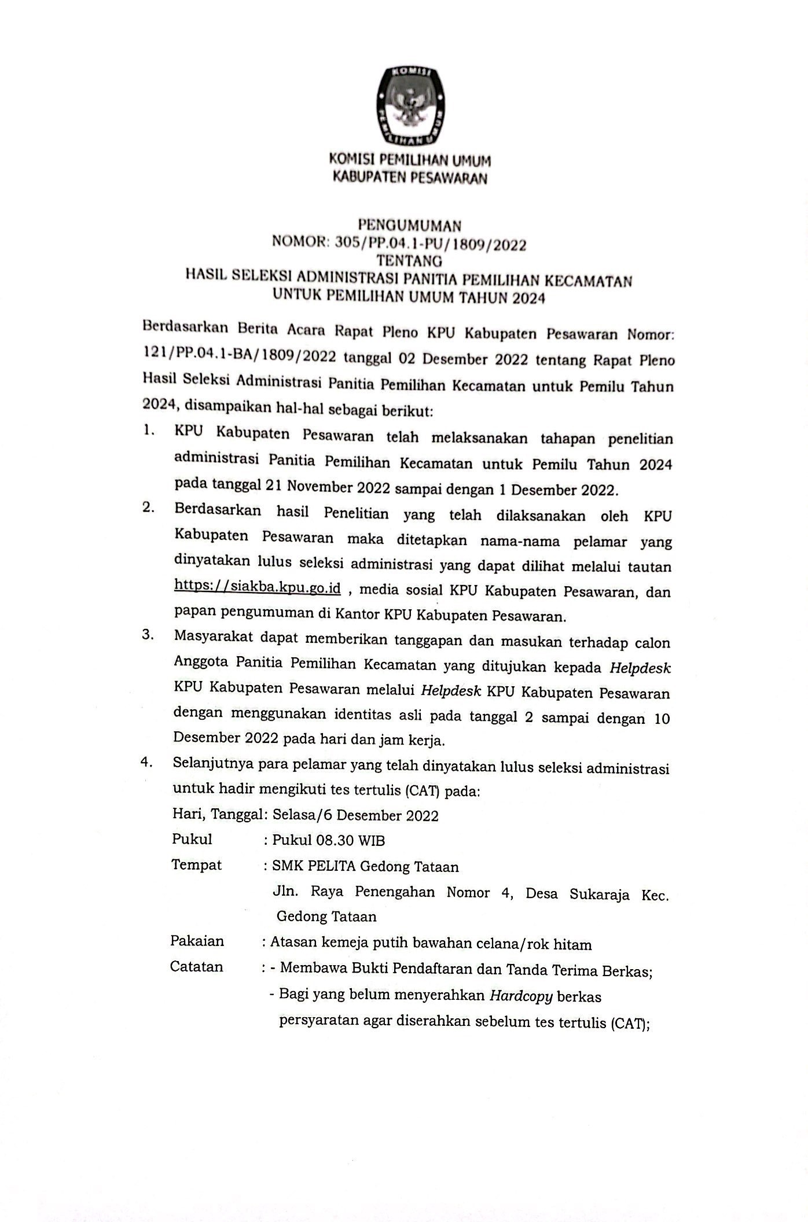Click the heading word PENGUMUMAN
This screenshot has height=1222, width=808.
(x=410, y=225)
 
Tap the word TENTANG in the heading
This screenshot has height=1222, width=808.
(x=409, y=261)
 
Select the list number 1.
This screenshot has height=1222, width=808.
(x=149, y=430)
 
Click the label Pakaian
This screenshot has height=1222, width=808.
(x=197, y=941)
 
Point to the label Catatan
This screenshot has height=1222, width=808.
(x=196, y=967)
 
